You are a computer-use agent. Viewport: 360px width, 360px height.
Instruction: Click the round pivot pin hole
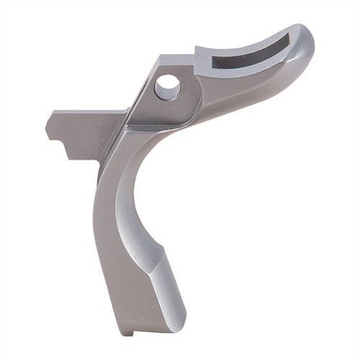167,86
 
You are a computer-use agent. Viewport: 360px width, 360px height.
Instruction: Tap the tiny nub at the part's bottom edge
125,332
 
